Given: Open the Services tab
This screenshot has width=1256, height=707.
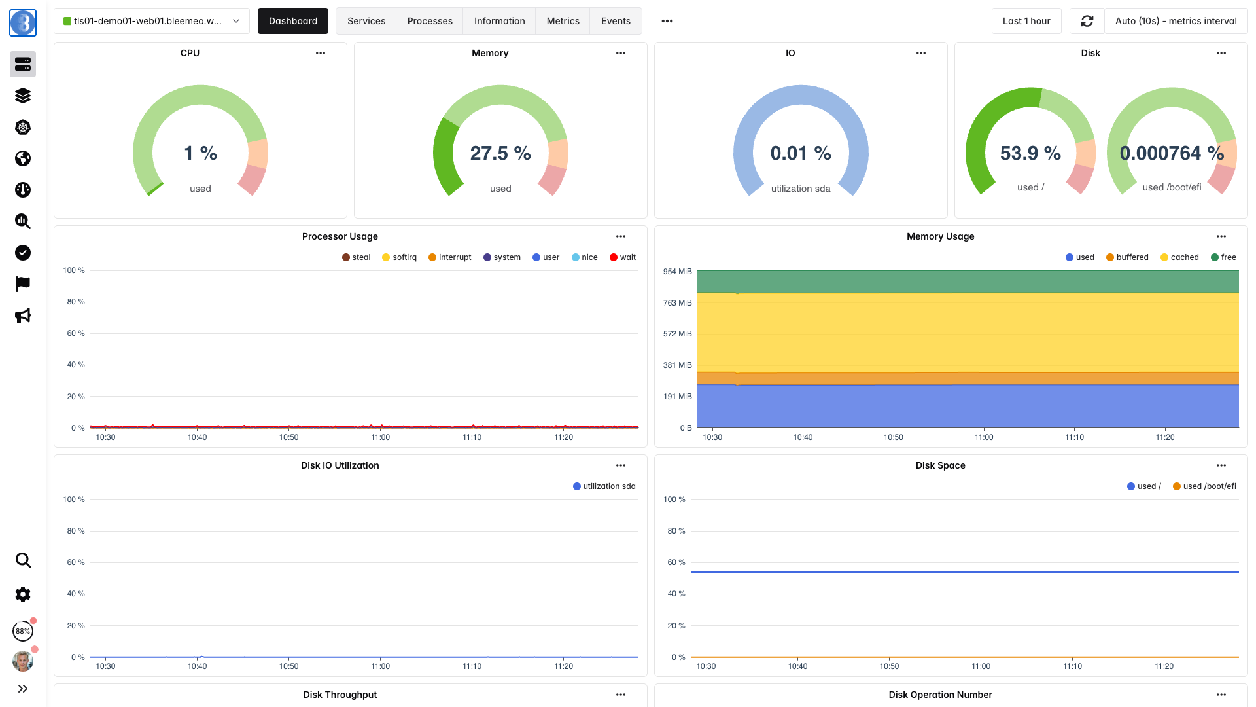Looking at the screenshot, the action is coord(366,21).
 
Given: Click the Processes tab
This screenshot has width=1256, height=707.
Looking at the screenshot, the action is coord(430,21).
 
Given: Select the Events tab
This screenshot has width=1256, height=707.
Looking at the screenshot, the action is coord(616,21).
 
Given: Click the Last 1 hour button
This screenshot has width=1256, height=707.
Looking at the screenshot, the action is coord(1026,21).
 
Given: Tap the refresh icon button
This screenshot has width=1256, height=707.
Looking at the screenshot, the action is coord(1087,21).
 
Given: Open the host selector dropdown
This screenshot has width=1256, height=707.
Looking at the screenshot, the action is coord(152,21).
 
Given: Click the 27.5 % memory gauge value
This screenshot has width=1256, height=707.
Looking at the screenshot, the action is coord(500,153).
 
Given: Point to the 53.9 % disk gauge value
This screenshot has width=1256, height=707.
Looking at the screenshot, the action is coord(1030,153).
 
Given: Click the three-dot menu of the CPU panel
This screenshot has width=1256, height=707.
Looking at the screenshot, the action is coord(321,53).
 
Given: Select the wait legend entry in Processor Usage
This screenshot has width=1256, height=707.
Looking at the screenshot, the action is coord(623,257).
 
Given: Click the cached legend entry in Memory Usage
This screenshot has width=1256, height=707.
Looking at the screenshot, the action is coord(1179,257).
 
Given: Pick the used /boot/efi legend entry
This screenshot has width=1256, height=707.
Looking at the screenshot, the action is coord(1204,486).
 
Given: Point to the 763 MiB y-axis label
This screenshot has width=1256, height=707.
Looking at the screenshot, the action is coord(677,303).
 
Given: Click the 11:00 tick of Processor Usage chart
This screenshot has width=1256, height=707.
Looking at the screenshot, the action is coord(380,437).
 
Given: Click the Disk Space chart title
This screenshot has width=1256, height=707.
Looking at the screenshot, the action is coord(940,465).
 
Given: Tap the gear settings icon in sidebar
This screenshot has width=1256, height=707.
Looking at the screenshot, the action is coord(23,594).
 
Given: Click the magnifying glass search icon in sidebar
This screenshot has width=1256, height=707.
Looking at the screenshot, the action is coord(23,560).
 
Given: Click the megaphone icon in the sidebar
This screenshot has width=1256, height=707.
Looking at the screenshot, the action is coord(23,316).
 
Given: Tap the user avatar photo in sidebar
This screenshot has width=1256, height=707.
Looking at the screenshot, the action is coord(23,661).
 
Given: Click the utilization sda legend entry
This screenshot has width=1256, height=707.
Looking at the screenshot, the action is coord(604,486).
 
